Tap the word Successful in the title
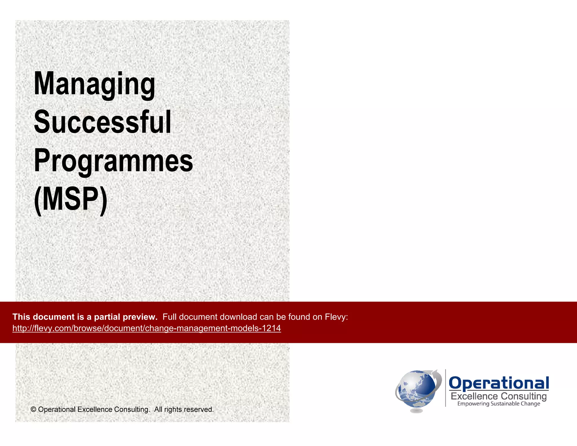click(x=103, y=122)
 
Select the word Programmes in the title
click(x=113, y=161)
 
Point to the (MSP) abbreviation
click(x=70, y=199)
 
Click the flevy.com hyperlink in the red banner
click(x=147, y=328)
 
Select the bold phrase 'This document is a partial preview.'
click(x=85, y=317)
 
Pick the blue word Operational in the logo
click(x=498, y=383)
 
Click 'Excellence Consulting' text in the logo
click(x=498, y=396)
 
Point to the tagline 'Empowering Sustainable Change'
click(x=498, y=404)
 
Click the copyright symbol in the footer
click(x=33, y=409)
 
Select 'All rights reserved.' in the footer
click(x=184, y=409)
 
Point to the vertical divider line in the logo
click(x=445, y=388)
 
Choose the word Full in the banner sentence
click(x=170, y=317)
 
